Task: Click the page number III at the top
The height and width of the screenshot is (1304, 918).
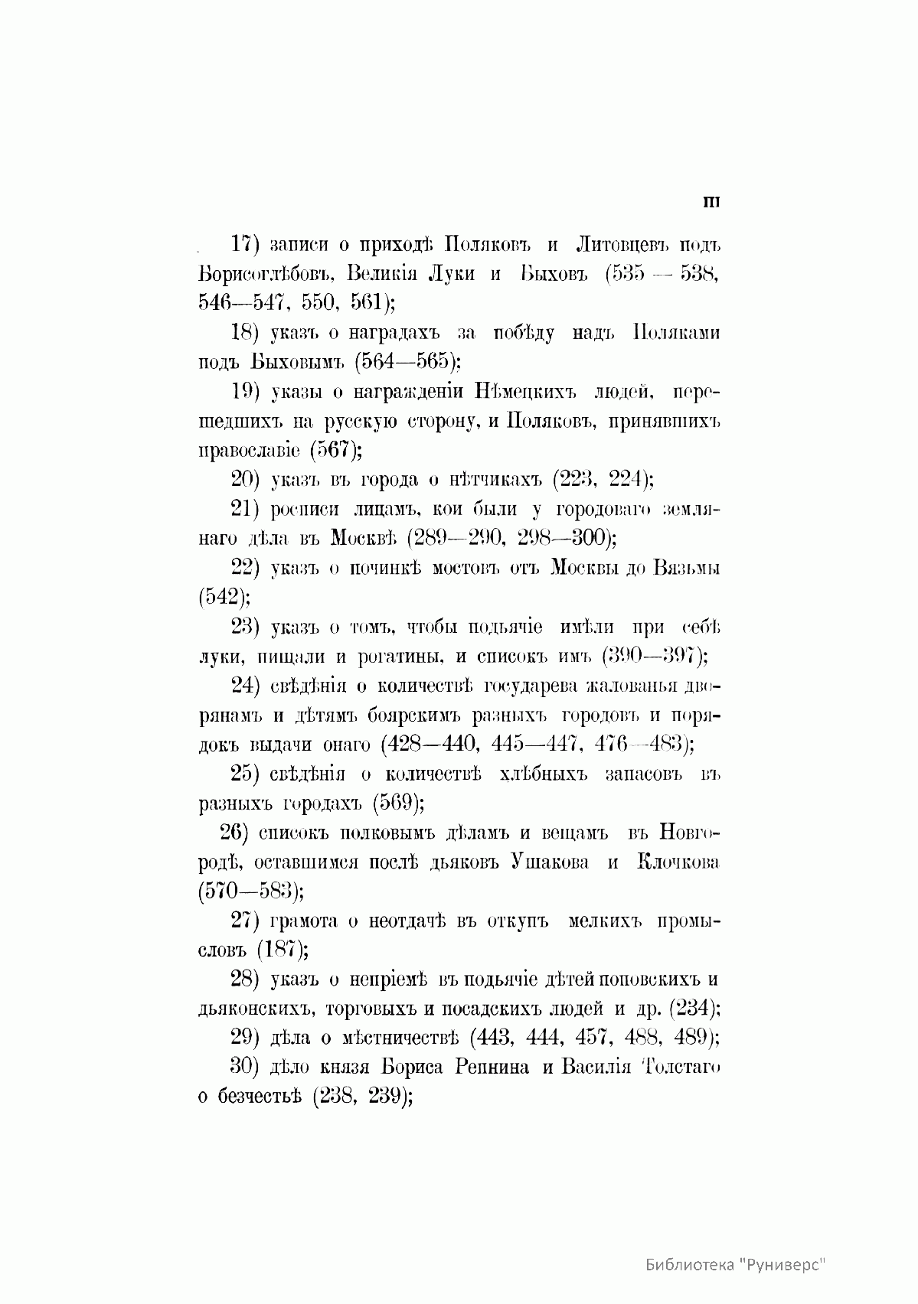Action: (711, 202)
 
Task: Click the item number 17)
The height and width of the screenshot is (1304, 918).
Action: (247, 245)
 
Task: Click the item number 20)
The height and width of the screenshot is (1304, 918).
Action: (247, 480)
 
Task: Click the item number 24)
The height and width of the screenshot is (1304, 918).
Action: (247, 686)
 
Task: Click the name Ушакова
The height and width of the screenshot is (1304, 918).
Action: (550, 862)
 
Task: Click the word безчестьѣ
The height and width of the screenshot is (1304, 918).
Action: (260, 1097)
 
